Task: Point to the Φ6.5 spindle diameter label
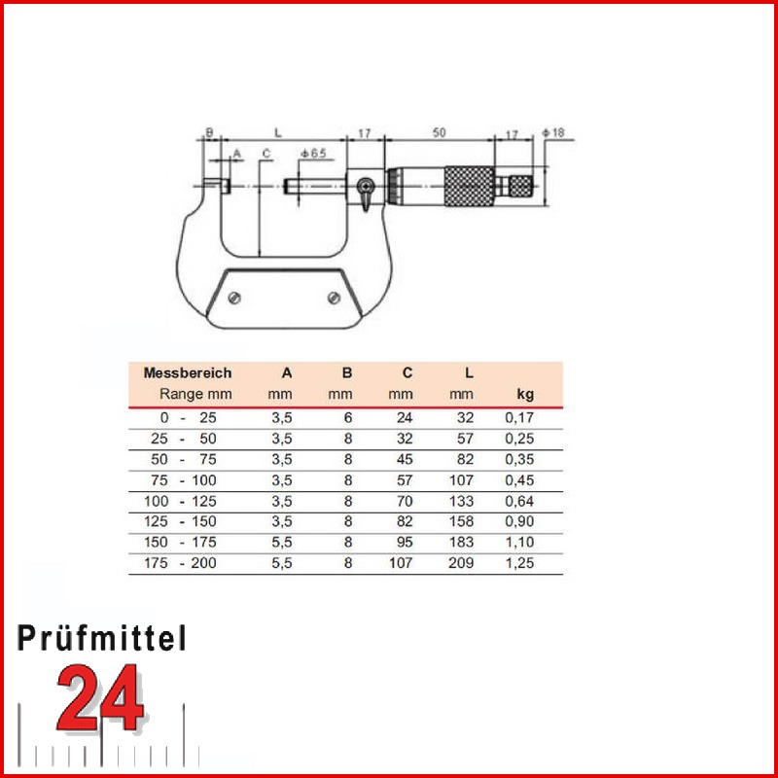click(x=313, y=154)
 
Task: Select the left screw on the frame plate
click(x=234, y=298)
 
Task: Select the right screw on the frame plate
click(x=333, y=298)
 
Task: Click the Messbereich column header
click(x=188, y=372)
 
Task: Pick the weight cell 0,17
click(x=520, y=417)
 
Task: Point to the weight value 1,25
click(x=521, y=562)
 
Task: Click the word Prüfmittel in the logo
click(x=102, y=639)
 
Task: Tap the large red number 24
click(x=100, y=699)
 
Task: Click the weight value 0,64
click(x=520, y=500)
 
